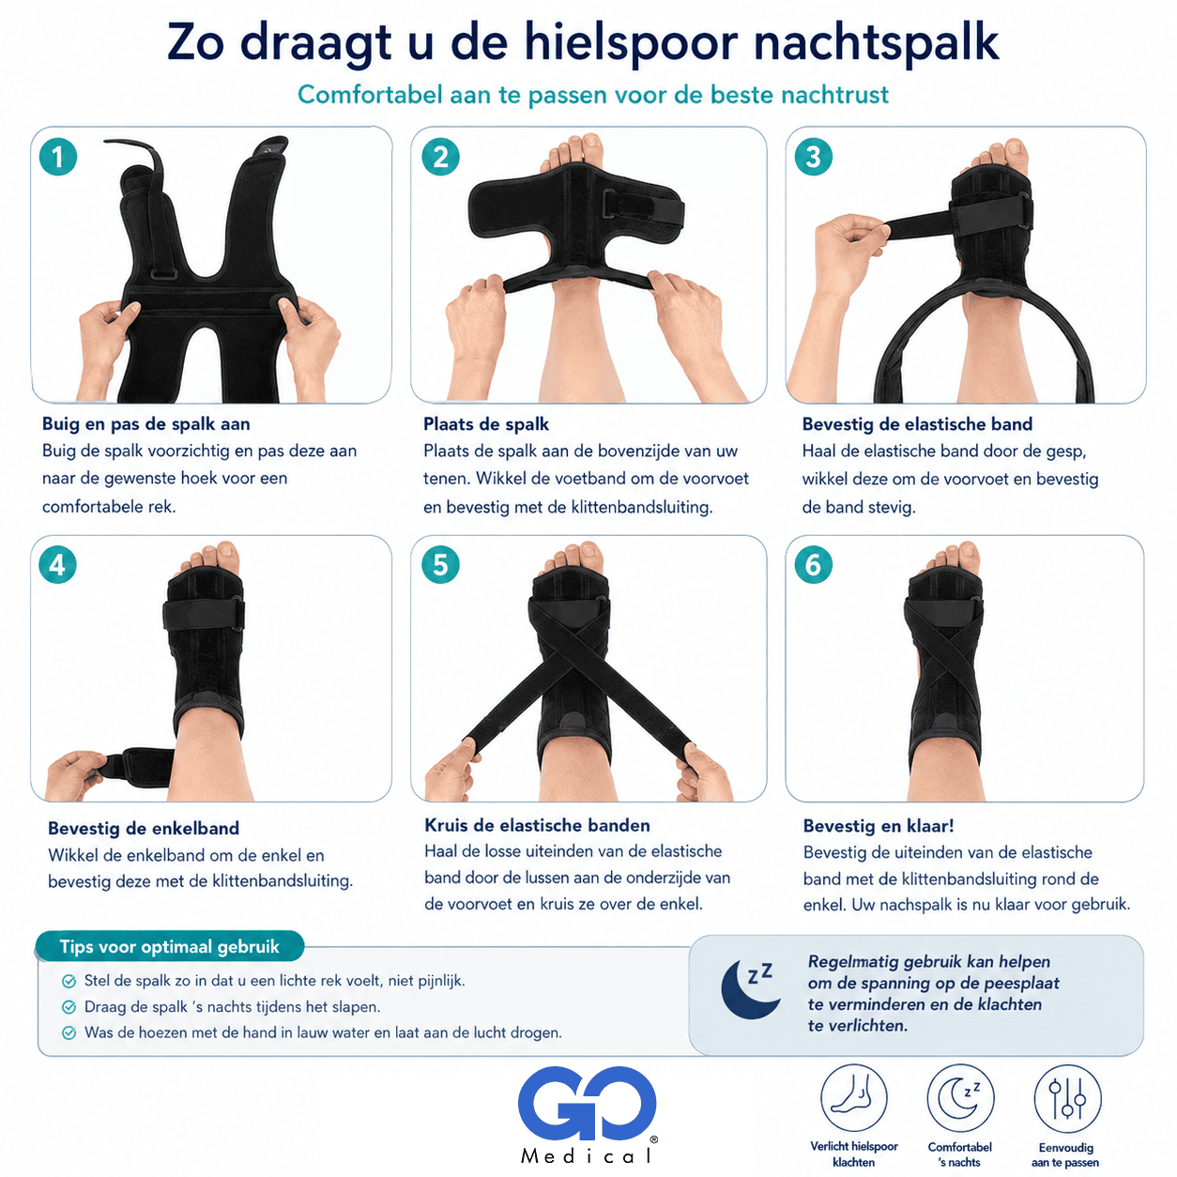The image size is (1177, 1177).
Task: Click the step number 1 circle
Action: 58,157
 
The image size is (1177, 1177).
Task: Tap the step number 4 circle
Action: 57,564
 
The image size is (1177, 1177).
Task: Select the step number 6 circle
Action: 813,564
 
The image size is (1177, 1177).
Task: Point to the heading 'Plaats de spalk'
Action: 485,424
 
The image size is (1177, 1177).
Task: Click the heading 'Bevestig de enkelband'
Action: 144,828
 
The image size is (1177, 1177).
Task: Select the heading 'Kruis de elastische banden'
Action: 537,825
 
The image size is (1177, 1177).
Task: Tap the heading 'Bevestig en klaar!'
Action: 878,826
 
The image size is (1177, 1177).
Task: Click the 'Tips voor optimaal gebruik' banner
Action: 169,946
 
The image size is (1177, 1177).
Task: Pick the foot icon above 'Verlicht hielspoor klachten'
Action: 853,1098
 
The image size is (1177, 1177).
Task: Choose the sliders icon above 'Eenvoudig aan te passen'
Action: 1067,1098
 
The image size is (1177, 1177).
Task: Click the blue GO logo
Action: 587,1103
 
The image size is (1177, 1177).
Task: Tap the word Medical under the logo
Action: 587,1155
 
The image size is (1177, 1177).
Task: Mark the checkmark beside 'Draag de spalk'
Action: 69,1006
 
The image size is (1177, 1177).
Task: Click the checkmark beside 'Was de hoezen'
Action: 69,1032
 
